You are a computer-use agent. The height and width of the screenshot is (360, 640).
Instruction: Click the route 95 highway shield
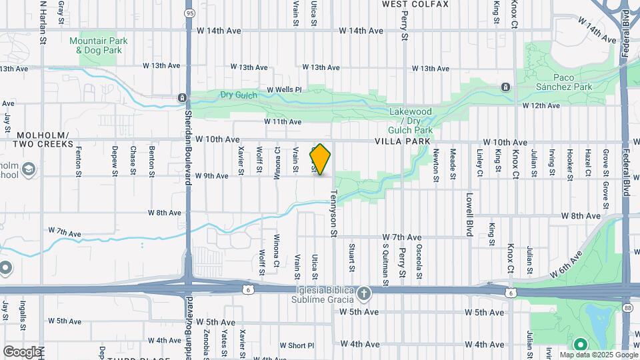point(191,13)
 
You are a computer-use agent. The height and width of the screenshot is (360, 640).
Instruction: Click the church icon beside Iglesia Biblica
point(363,293)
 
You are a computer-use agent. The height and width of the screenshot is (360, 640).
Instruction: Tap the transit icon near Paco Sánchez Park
point(506,87)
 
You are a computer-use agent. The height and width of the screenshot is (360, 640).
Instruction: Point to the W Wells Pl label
point(284,89)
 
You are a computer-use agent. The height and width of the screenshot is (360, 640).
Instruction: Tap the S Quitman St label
point(385,265)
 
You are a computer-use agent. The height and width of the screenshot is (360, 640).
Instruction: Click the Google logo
point(21,351)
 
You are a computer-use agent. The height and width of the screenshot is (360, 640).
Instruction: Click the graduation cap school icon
point(28,171)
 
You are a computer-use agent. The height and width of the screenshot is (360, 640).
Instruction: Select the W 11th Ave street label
point(283,122)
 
